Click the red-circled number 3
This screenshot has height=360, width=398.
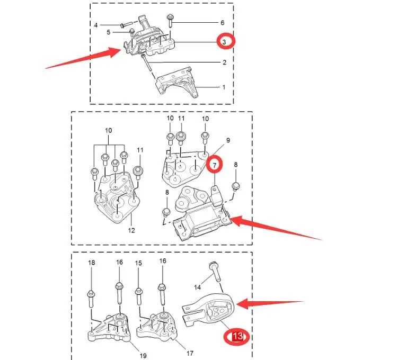tap(224, 41)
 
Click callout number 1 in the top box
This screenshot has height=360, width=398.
tap(223, 87)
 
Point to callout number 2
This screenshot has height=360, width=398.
tap(224, 62)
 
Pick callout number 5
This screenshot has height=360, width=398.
tap(108, 32)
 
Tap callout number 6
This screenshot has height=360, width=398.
tap(222, 23)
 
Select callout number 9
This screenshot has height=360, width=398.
tap(228, 140)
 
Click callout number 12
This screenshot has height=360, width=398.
tap(131, 230)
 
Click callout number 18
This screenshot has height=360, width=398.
tap(91, 263)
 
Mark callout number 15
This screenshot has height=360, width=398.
tap(138, 263)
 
